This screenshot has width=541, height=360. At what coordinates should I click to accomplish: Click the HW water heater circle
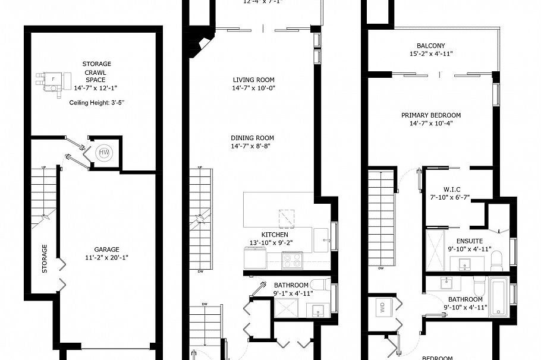pos(104,153)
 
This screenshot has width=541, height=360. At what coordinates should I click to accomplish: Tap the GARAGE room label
pos(106,250)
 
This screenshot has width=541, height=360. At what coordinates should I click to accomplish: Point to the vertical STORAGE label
pos(45,258)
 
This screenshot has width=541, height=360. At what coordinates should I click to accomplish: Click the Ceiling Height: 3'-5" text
pos(97,103)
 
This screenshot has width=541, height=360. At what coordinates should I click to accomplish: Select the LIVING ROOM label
pos(253,80)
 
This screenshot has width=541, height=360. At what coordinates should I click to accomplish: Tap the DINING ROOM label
pos(253,138)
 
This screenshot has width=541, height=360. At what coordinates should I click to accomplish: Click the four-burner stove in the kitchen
pos(292,259)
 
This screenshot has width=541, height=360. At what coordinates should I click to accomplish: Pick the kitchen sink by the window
pos(322,239)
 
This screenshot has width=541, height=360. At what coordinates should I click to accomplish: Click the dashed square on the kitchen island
pos(288,218)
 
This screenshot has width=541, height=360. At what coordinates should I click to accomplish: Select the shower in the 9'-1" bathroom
pos(285,309)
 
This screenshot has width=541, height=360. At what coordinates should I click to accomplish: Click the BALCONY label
pos(431,46)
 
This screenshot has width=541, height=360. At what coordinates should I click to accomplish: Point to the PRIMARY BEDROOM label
pos(431,115)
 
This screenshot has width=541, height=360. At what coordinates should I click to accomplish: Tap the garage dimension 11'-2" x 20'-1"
pos(106,258)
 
